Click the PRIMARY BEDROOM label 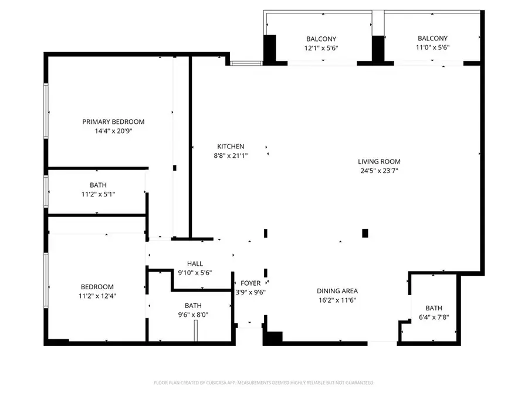pyautogui.click(x=113, y=121)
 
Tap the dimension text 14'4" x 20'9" pyautogui.click(x=113, y=131)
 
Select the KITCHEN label pyautogui.click(x=231, y=146)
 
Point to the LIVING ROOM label pyautogui.click(x=379, y=161)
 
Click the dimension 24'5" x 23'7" pyautogui.click(x=379, y=171)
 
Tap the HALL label pyautogui.click(x=195, y=263)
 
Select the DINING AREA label pyautogui.click(x=337, y=290)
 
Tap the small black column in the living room pyautogui.click(x=365, y=233)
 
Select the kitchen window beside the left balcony pyautogui.click(x=246, y=62)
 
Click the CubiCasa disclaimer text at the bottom pyautogui.click(x=263, y=383)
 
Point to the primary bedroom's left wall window pyautogui.click(x=46, y=111)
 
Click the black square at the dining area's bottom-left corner pyautogui.click(x=273, y=338)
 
